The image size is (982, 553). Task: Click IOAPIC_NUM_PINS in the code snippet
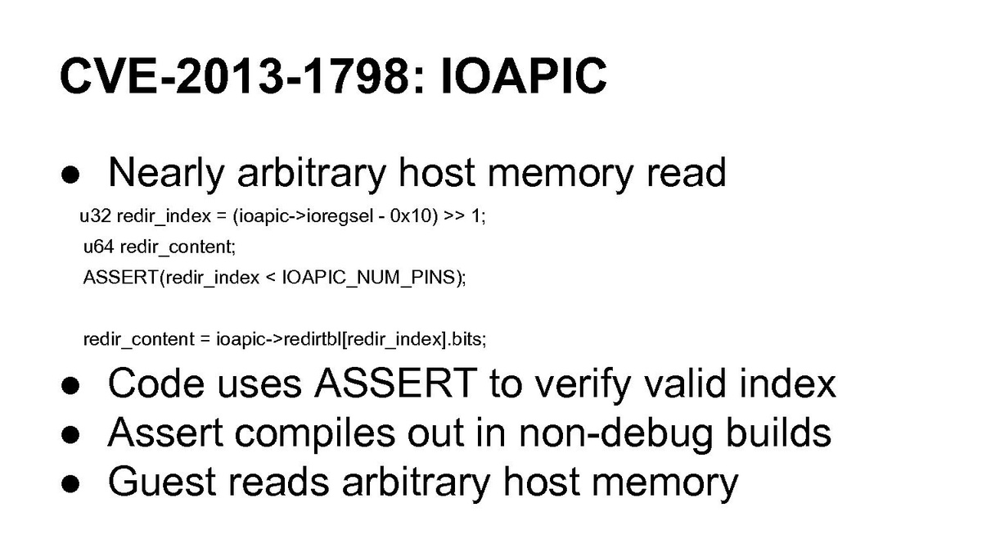click(x=367, y=278)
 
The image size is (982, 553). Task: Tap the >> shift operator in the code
click(x=455, y=217)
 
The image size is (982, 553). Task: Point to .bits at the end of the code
click(x=467, y=338)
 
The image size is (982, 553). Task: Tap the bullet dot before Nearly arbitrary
click(x=72, y=175)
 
